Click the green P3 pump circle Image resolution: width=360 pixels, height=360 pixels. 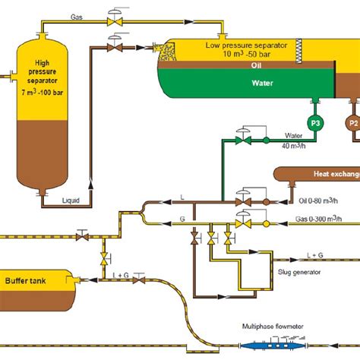pos(314,122)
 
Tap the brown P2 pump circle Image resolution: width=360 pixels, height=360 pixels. pos(352,122)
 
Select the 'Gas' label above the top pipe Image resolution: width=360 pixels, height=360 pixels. pos(77,16)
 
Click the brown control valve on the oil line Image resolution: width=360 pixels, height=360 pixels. pos(243,201)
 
